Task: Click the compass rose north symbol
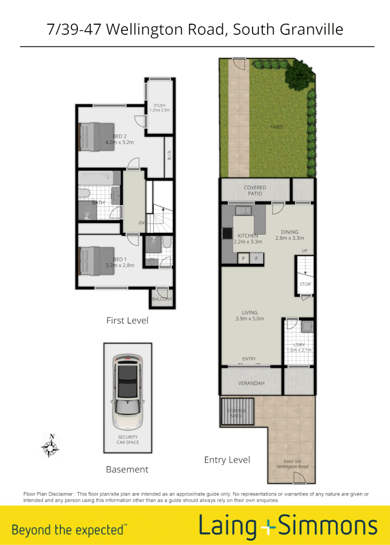pos(51,446)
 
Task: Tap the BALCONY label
pos(162,299)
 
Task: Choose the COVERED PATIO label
pos(255,190)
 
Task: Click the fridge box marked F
pos(257,258)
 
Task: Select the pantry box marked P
pos(243,258)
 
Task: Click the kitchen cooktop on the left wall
pos(226,234)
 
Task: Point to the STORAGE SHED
pos(236,413)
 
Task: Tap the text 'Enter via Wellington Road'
pos(292,464)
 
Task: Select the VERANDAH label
pos(251,384)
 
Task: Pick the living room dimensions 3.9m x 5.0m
pos(250,318)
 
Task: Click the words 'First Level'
pos(127,320)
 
